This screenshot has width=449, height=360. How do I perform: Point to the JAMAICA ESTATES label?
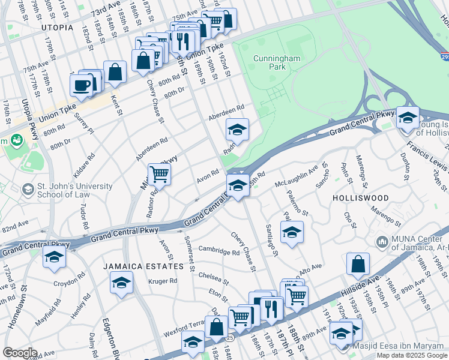(142, 266)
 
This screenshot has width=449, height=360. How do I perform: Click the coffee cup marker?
(81, 84)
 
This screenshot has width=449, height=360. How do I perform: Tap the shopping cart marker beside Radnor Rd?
(159, 174)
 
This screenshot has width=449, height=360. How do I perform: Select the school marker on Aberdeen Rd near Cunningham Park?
(237, 130)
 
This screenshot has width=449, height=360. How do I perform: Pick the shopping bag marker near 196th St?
(358, 264)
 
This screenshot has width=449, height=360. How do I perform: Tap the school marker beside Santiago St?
(292, 232)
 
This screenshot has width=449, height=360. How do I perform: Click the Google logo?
(20, 353)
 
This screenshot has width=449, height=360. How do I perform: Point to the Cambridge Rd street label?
(219, 251)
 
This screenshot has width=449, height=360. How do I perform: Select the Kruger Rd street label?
(164, 281)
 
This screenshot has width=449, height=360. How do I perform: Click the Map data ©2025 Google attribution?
(412, 355)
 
